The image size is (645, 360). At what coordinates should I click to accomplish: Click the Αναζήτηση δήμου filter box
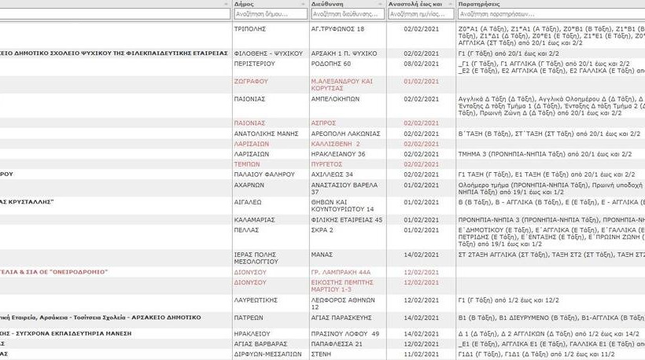[270, 14]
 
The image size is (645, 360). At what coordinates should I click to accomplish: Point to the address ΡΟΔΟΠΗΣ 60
[331, 64]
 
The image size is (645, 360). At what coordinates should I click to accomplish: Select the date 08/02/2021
[415, 64]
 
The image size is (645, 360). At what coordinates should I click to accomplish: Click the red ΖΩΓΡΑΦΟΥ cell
[251, 81]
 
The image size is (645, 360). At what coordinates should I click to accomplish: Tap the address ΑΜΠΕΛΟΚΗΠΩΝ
[335, 99]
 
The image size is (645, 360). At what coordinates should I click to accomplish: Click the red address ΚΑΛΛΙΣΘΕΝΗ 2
[335, 144]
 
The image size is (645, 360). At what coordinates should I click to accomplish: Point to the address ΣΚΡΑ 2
[322, 230]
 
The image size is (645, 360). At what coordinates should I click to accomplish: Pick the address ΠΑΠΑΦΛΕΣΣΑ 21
[337, 343]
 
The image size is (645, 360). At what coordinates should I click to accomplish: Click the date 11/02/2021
[415, 354]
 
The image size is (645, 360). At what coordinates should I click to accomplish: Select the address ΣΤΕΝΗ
[322, 354]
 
